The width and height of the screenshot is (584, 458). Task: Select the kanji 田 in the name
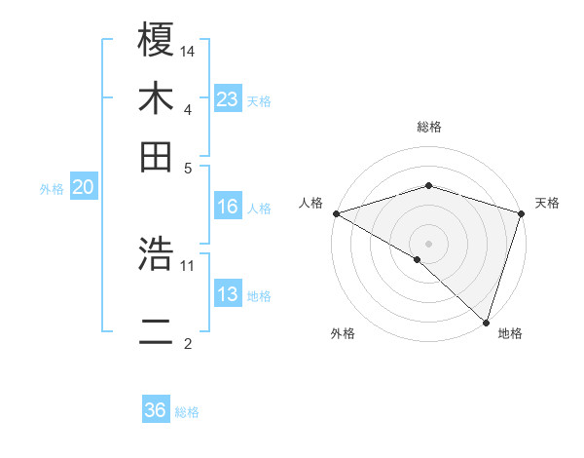click(x=156, y=155)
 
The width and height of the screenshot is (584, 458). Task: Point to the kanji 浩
click(x=156, y=254)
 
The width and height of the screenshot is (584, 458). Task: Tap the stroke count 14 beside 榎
click(x=189, y=51)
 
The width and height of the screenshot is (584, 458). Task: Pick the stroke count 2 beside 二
click(x=188, y=343)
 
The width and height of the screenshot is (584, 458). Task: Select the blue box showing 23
click(x=228, y=98)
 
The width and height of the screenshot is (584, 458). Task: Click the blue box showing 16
click(x=228, y=207)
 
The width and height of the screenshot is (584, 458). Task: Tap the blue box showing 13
click(x=228, y=294)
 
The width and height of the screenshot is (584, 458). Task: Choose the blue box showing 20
click(x=83, y=188)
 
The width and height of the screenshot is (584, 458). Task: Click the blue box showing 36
click(x=156, y=410)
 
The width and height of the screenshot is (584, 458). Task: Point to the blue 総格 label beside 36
click(x=187, y=412)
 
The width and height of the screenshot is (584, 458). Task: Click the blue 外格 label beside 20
click(x=52, y=189)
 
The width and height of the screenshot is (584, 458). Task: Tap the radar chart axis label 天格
click(x=547, y=203)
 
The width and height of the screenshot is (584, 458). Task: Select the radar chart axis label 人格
click(x=310, y=203)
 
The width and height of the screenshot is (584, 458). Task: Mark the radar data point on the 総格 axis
click(x=428, y=185)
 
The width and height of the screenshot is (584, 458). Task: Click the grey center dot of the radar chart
click(x=428, y=243)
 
